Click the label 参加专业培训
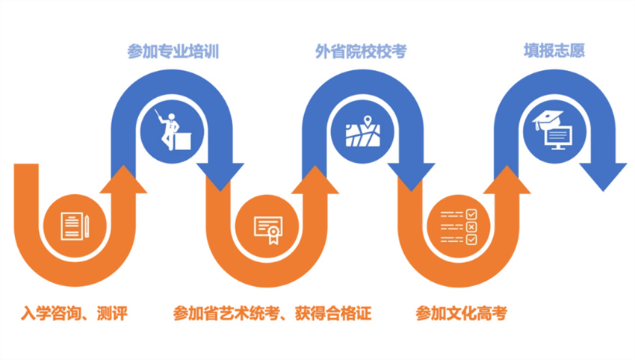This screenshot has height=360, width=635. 173,52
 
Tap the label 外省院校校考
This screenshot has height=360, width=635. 361,52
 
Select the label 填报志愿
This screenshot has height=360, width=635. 554,51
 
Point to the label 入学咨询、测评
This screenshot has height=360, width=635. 74,313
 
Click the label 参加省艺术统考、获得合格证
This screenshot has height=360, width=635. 272,313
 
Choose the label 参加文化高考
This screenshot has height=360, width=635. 461,313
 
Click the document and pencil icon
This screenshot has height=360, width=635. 75,226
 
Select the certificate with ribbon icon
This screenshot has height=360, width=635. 268,229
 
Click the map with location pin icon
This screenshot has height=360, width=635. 362,131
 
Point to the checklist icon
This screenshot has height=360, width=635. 459,227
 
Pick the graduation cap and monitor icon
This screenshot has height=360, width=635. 554,130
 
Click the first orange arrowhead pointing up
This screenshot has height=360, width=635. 123,179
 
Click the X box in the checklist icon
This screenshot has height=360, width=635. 471,227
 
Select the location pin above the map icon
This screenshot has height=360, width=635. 368,122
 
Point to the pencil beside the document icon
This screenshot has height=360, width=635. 87,226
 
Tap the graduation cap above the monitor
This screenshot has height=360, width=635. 547,120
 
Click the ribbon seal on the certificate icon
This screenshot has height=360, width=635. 273,235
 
